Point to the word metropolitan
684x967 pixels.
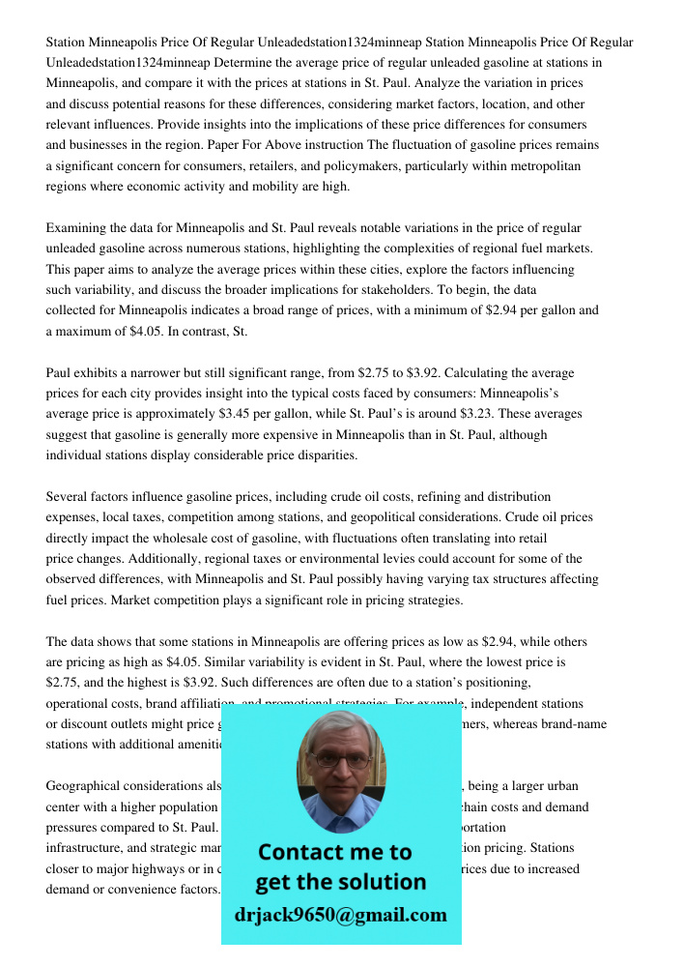(542, 166)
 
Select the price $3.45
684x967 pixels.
(240, 414)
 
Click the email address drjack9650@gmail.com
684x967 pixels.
(341, 915)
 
